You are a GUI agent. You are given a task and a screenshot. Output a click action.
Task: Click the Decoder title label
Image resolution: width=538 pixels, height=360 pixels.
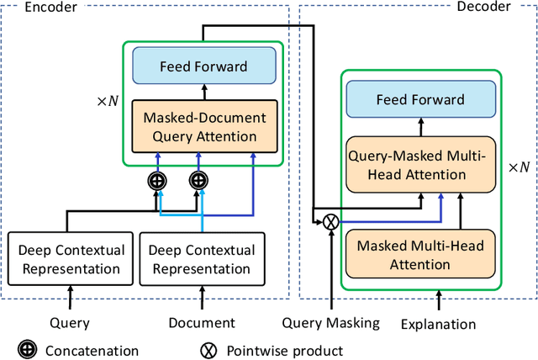[505, 8]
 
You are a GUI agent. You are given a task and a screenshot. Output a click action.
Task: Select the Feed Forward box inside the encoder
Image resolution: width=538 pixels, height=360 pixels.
[203, 65]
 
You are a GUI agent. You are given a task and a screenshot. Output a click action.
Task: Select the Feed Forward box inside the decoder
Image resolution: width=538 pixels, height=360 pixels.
[419, 99]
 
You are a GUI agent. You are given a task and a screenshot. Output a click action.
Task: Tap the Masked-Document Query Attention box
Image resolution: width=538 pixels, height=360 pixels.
[203, 127]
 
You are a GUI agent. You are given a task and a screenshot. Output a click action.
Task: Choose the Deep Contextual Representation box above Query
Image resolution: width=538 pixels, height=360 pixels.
[71, 259]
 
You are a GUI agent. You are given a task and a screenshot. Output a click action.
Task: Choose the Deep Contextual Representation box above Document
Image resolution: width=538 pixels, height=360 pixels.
[202, 259]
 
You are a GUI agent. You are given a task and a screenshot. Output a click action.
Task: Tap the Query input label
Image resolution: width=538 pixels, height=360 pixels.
[69, 323]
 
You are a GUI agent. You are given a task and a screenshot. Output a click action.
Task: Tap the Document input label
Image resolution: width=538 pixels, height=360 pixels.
[202, 323]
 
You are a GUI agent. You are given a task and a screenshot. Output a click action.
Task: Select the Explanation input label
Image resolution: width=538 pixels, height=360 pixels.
[438, 324]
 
